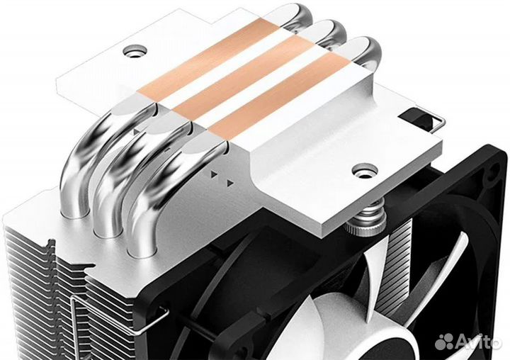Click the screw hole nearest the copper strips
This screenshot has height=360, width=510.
pyautogui.click(x=135, y=51)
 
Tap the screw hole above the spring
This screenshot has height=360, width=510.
pyautogui.click(x=365, y=171)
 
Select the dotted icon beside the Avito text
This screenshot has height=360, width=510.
pyautogui.click(x=446, y=341)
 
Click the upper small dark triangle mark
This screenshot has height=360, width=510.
pyautogui.click(x=214, y=173)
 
